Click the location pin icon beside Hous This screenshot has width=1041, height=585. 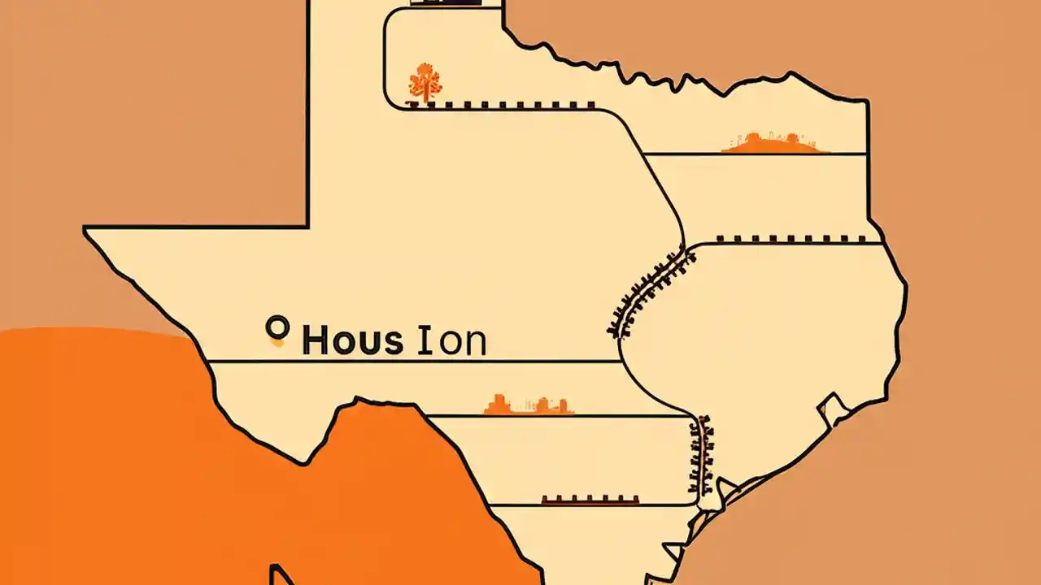pos(277,330)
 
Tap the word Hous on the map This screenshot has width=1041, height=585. pos(352,341)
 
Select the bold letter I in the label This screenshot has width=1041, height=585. pos(423,341)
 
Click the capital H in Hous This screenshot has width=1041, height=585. pos(316,341)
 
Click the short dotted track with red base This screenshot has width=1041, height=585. pos(590,500)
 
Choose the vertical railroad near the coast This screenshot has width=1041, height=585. pos(701,455)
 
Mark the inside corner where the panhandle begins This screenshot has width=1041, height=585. pos(307,226)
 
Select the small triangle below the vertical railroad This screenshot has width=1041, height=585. pos(724,487)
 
